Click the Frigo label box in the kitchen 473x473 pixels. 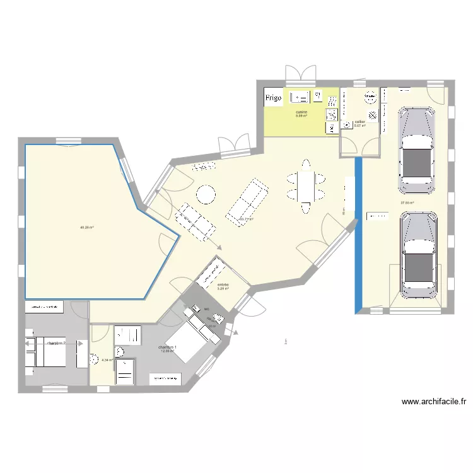273,98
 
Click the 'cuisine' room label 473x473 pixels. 301,112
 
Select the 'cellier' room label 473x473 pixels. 360,122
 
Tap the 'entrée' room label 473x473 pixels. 223,285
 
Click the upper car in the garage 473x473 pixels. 417,150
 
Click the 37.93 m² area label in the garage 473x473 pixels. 407,202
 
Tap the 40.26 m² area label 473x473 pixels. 87,227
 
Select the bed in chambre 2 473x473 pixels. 45,347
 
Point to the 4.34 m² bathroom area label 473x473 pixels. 107,360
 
